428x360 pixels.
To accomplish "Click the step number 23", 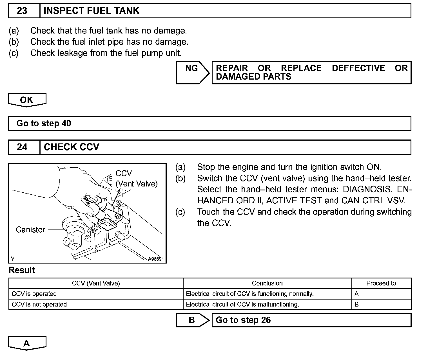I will coord(22,11).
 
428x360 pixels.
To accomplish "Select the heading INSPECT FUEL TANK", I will coord(92,11).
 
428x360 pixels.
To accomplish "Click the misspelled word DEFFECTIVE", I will coord(358,68).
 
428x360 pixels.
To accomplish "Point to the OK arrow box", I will coord(27,100).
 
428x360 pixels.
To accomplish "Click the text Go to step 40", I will coord(44,123).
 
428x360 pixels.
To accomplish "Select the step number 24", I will coord(22,147).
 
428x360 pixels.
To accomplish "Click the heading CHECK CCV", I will coord(72,147).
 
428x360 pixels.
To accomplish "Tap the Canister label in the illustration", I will coord(30,230).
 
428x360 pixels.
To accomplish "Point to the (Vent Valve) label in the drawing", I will coord(137,184).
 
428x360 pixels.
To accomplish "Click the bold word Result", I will coord(22,270).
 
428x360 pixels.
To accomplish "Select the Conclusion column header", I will coord(267,283).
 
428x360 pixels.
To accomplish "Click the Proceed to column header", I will coord(381,283).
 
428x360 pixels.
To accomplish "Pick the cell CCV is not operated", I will coord(39,305).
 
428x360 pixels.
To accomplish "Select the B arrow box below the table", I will coord(192,320).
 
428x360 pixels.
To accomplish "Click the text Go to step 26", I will coord(243,320).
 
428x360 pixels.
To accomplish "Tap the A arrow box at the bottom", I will coord(27,343).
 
